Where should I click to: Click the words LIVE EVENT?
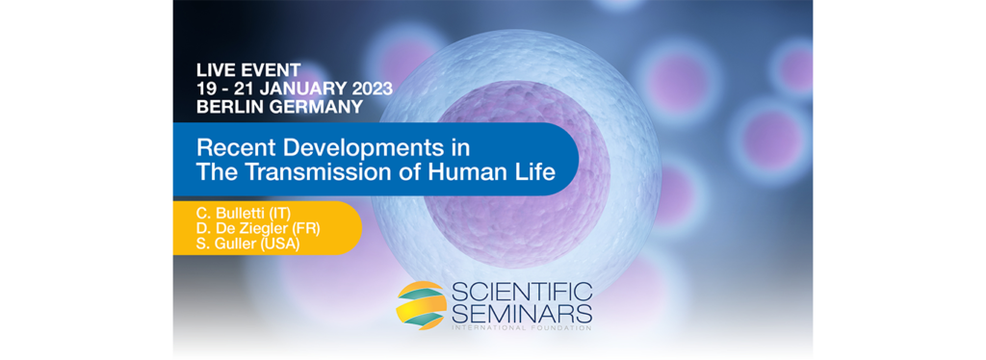[248, 69]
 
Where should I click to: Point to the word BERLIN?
[225, 106]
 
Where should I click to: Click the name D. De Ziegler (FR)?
[258, 228]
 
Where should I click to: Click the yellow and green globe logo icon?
[422, 305]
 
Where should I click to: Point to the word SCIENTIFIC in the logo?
[522, 293]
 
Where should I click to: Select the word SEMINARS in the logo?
[522, 314]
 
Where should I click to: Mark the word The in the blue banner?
[215, 172]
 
